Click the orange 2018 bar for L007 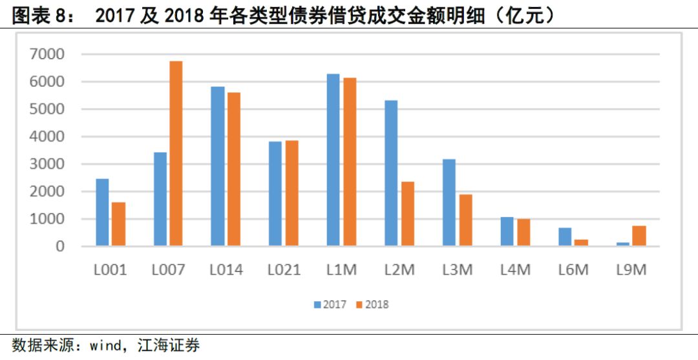[x=176, y=154]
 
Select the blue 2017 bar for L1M [x=333, y=160]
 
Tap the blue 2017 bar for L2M [x=391, y=173]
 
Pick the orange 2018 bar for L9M [x=639, y=236]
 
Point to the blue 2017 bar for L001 [x=102, y=213]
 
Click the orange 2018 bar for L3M [x=465, y=220]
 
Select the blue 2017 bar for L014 [x=218, y=167]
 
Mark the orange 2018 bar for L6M [x=581, y=243]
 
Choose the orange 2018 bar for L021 [x=291, y=193]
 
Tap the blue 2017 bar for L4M [x=507, y=231]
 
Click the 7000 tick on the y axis [x=47, y=54]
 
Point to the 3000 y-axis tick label [x=47, y=164]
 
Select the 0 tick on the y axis [x=59, y=246]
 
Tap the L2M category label [x=399, y=270]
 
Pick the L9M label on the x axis [x=631, y=270]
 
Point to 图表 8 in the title [x=43, y=15]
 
